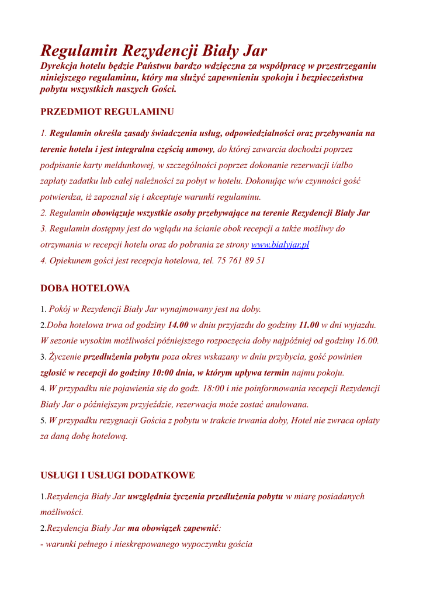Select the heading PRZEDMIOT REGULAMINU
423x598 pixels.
107,112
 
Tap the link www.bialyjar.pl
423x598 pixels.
280,245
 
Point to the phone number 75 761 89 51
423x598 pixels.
241,260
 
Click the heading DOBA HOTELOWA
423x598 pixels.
85,288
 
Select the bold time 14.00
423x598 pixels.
178,325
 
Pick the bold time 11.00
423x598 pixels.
308,325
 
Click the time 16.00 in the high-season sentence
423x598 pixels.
367,340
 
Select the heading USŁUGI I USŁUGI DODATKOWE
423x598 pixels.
117,475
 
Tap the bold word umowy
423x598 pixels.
199,149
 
